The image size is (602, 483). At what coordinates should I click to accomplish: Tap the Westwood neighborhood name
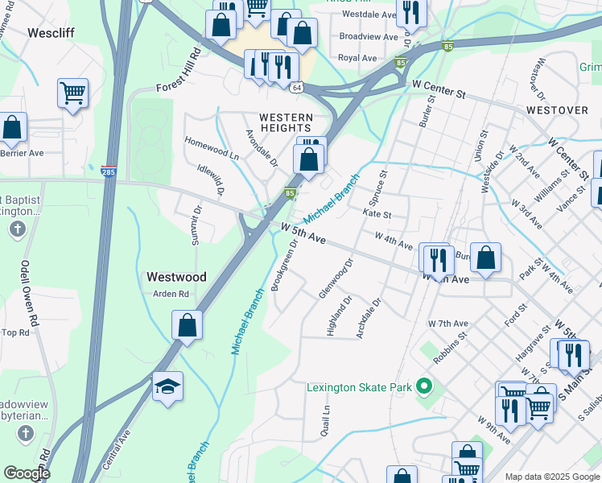pos(176,276)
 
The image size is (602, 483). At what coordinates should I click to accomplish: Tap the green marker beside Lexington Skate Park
pos(424,387)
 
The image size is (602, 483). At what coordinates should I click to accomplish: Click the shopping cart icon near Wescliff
pos(72,92)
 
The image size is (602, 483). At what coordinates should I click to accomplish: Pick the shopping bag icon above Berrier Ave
pos(12,126)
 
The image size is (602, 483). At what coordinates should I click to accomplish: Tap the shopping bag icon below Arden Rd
pos(187,325)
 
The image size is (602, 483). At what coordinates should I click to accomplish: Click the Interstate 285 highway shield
pos(108,171)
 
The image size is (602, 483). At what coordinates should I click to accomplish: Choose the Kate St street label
pos(377,215)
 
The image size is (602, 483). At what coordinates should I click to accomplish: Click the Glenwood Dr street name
pos(336,279)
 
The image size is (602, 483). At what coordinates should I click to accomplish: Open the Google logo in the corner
pos(27,473)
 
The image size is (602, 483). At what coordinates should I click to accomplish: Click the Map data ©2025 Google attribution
pos(551,477)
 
